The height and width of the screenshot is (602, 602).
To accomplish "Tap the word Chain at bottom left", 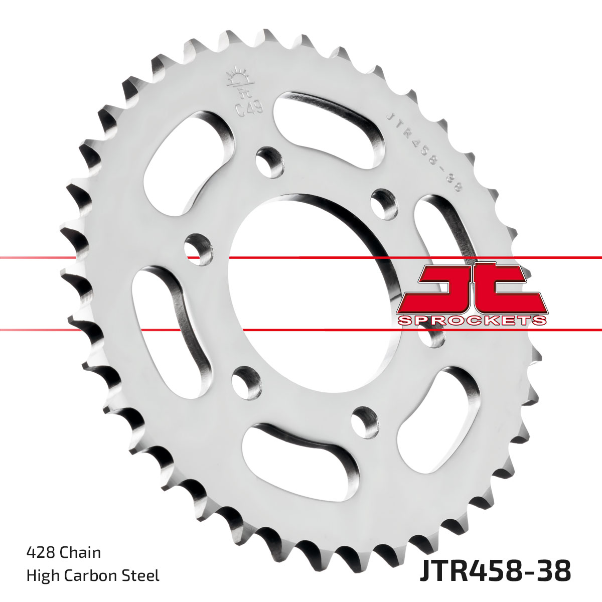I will click(x=80, y=553).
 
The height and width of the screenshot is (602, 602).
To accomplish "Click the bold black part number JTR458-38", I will click(x=495, y=571).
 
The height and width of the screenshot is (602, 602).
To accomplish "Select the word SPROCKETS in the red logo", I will click(x=472, y=321).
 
